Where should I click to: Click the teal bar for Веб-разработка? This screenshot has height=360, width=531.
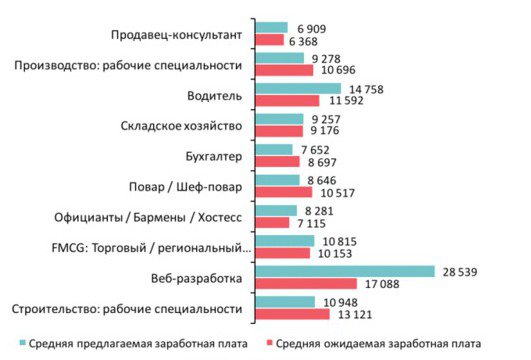click(x=345, y=271)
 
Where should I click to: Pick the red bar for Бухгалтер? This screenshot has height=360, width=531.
click(x=279, y=162)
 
